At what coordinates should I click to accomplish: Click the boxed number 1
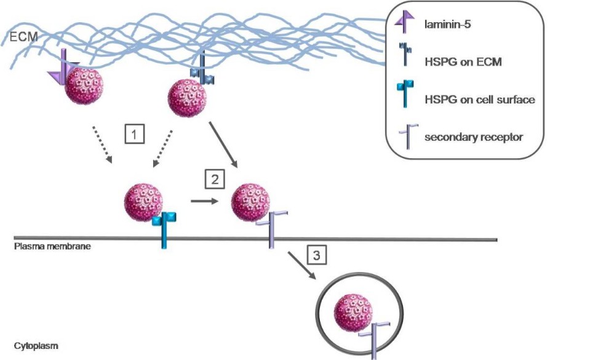(134, 134)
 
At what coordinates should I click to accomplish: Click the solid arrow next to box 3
(303, 265)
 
